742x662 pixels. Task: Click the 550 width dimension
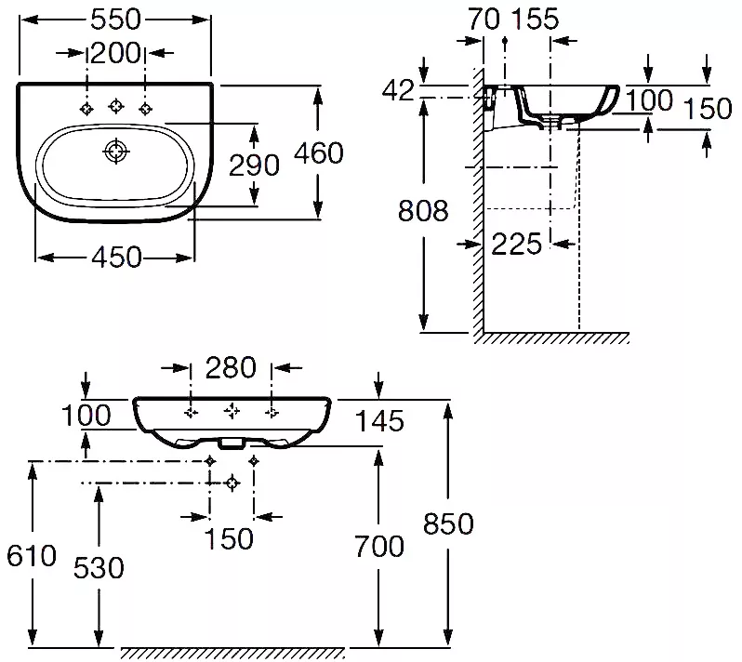point(115,20)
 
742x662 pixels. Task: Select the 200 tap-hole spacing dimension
point(115,53)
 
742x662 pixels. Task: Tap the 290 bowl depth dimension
point(254,165)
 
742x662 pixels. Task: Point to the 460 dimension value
point(319,152)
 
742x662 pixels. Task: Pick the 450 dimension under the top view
point(116,258)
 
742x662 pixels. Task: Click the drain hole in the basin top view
point(116,152)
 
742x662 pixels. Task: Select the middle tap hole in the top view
point(116,106)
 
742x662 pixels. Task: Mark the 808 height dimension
point(423,211)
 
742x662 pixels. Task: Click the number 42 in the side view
point(398,90)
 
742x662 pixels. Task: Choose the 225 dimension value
point(516,245)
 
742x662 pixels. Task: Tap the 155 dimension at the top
point(536,20)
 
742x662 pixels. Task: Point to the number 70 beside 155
point(484,20)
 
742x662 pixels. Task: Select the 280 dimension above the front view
point(231,367)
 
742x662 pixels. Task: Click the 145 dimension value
point(379,421)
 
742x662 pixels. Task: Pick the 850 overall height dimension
point(448,523)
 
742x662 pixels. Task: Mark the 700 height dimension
point(379,546)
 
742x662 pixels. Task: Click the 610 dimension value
point(32,555)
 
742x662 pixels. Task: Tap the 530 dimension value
point(99,567)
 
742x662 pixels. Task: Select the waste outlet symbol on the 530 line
point(232,483)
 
